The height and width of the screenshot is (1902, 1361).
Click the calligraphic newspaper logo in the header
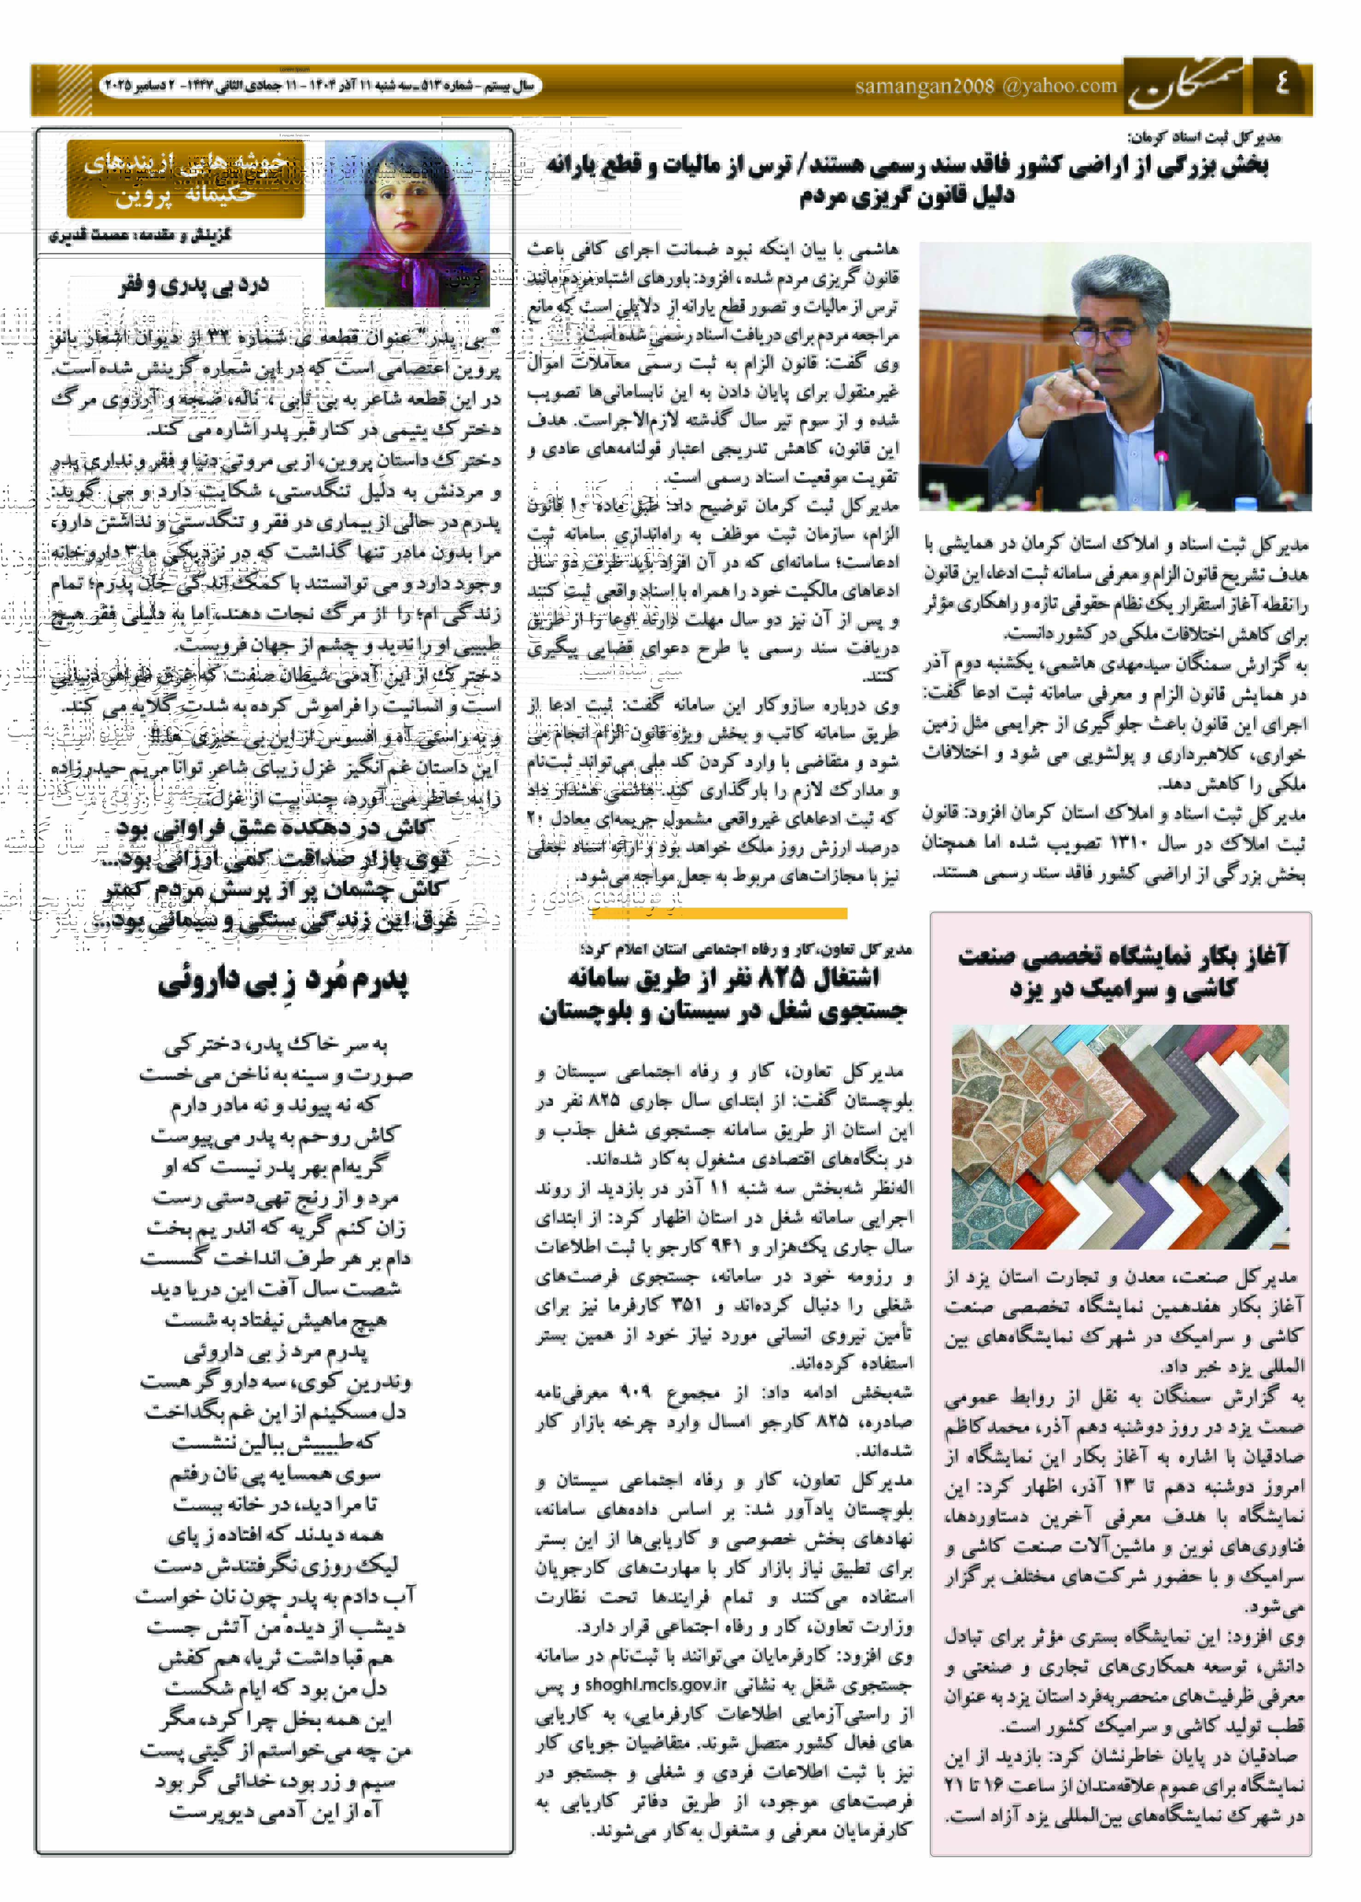tap(1184, 86)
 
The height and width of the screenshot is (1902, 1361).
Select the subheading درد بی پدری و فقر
tap(194, 285)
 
